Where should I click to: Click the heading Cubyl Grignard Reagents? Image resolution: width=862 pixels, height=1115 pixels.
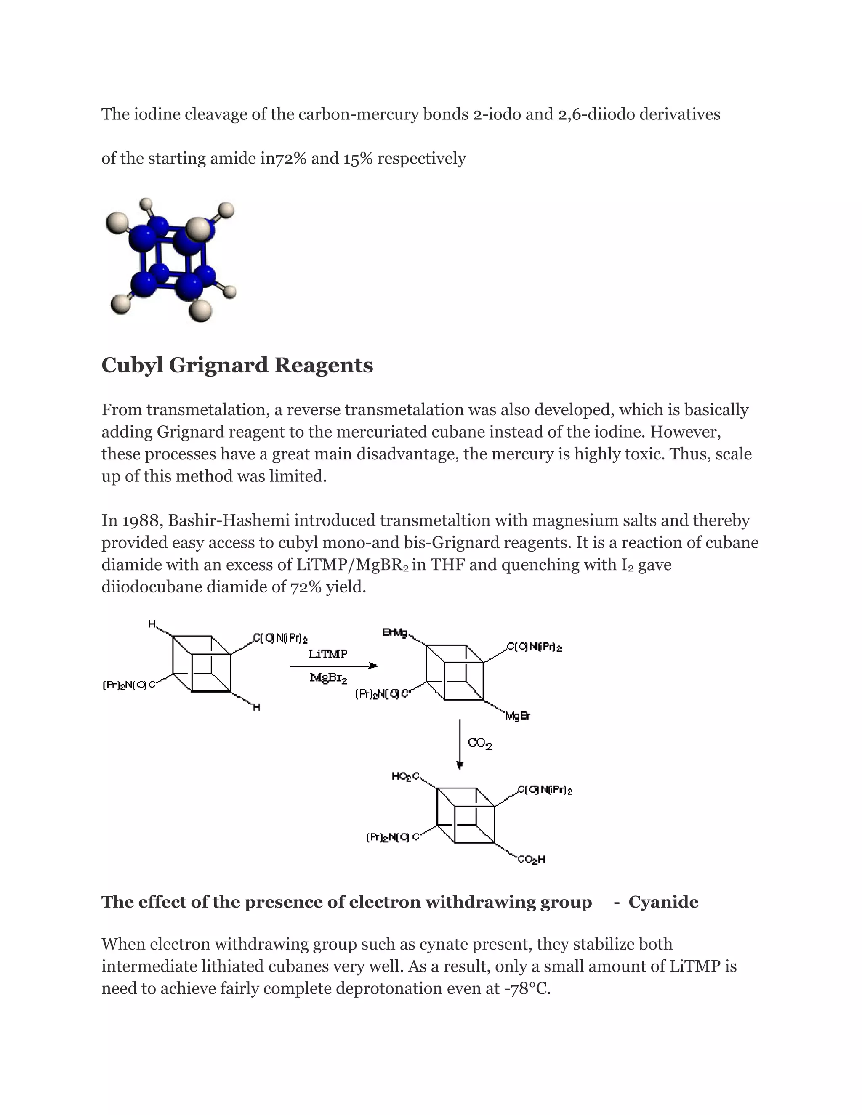[x=237, y=366]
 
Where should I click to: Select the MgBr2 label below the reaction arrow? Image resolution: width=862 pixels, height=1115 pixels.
[x=328, y=679]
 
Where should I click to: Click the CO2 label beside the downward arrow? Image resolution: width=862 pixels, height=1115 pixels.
[x=479, y=744]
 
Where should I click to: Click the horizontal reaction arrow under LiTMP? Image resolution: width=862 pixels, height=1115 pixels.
[x=333, y=666]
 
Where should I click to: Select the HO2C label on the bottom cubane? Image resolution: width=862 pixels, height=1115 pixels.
[x=405, y=777]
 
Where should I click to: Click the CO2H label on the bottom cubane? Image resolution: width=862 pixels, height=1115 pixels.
[x=531, y=859]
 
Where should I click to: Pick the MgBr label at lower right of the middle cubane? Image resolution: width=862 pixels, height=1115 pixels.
[x=518, y=716]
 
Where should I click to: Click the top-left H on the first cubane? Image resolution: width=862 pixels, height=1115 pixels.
[x=152, y=624]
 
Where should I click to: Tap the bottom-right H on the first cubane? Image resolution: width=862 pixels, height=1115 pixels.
[x=256, y=707]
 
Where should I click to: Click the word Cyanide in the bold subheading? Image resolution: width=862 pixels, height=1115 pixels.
[x=663, y=902]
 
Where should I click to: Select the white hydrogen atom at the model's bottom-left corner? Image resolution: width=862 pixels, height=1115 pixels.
[x=120, y=305]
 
